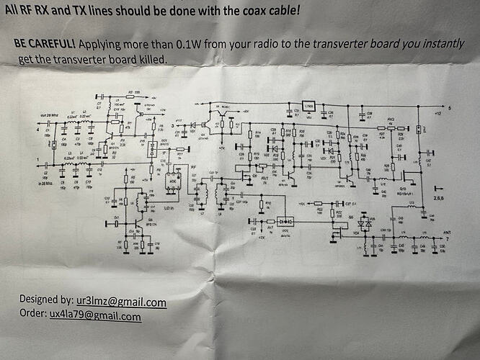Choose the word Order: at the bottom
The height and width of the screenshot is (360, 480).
[x=32, y=315]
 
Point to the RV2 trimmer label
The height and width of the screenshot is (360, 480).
[x=391, y=120]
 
